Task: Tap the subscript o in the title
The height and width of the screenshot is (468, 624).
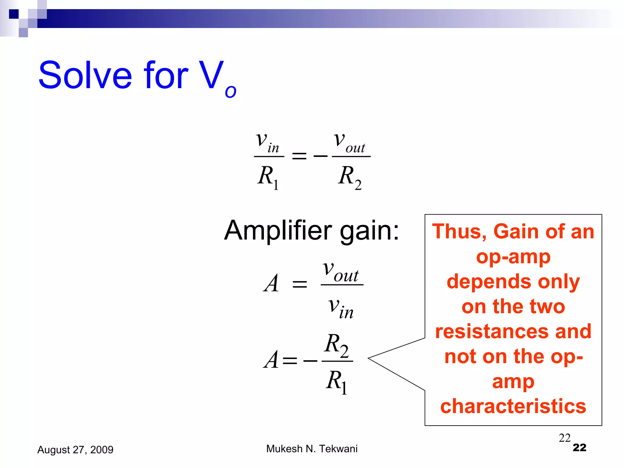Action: pos(231,91)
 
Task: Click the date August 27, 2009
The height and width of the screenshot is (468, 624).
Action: pos(75,450)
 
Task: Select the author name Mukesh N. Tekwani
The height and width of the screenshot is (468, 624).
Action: pos(312,449)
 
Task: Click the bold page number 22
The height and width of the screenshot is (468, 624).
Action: pos(579,448)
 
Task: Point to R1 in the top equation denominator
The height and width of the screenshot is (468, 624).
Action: pos(268,177)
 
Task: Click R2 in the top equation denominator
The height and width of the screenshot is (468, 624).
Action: pos(349,177)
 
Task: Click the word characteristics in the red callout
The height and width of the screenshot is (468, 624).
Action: pos(513,406)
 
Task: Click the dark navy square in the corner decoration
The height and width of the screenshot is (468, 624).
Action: pos(14,14)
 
